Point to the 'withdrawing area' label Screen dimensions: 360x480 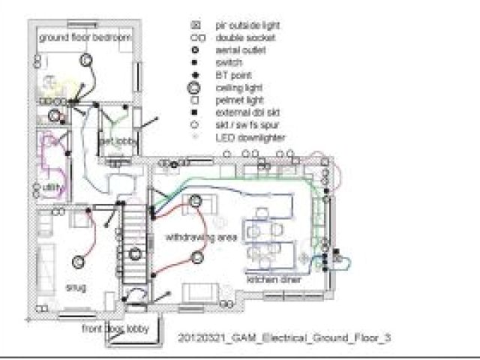pos(201,237)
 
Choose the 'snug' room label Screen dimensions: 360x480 pos(76,287)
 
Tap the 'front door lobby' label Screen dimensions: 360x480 pos(115,328)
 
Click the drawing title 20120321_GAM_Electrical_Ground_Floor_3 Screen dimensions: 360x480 pos(285,338)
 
